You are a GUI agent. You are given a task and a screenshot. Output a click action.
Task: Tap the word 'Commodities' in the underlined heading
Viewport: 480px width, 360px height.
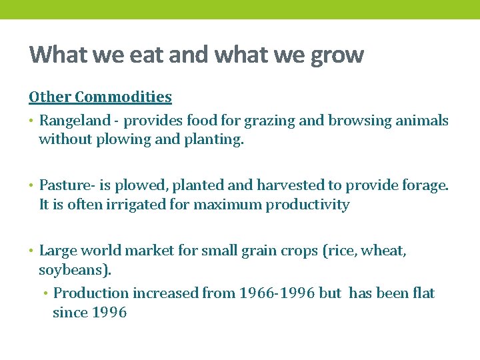[x=123, y=97]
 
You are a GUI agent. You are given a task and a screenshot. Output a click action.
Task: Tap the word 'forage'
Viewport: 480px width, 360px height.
[x=425, y=185]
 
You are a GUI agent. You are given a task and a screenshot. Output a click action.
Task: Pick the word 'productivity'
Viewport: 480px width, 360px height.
[x=307, y=205]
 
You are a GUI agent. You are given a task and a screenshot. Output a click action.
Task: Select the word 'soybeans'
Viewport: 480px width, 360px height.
[x=74, y=270]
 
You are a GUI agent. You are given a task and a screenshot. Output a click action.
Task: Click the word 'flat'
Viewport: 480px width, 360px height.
[x=422, y=293]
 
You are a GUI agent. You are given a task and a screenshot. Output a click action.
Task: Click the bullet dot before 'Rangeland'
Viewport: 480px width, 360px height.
[x=32, y=121]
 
